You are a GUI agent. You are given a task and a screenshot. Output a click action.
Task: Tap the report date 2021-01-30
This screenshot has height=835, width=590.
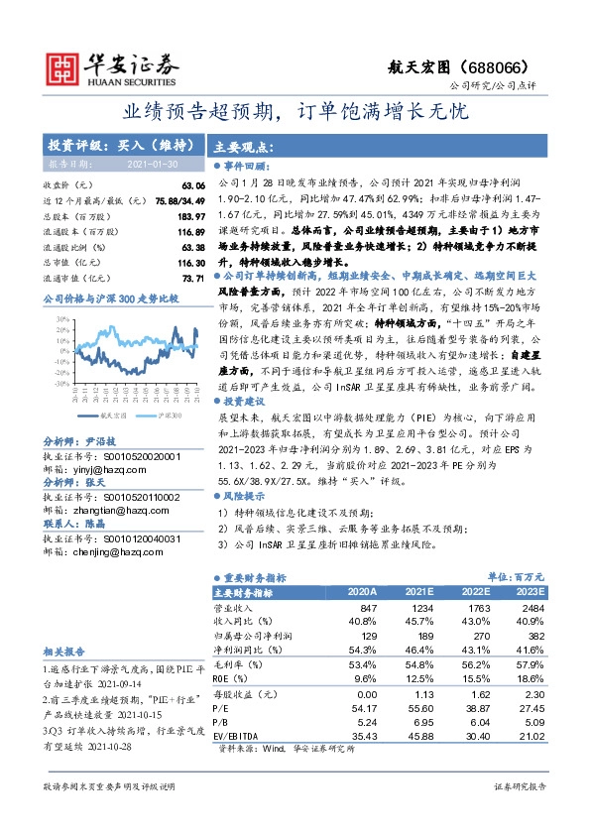point(153,163)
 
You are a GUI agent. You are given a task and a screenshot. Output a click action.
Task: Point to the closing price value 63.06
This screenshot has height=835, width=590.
point(192,185)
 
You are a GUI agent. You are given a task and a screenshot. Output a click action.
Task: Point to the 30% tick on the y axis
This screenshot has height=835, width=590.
point(61,318)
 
